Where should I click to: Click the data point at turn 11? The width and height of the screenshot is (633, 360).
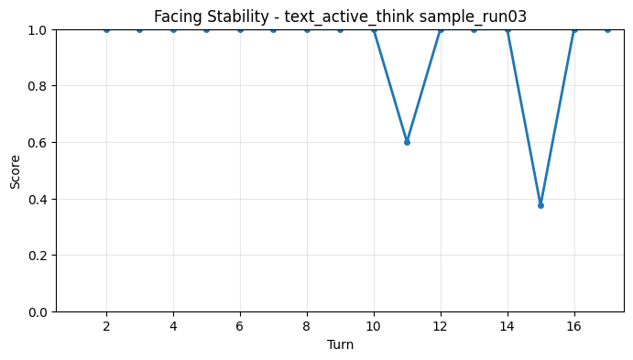(x=407, y=142)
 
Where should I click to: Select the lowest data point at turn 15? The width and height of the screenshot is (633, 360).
(x=540, y=205)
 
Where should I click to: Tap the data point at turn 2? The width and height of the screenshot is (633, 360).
(x=106, y=29)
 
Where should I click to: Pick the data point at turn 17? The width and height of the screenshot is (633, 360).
(x=607, y=29)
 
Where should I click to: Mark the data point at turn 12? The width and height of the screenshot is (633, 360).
(x=441, y=29)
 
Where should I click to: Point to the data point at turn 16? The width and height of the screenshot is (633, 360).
(x=574, y=29)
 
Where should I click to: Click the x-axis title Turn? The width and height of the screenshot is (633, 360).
(x=340, y=344)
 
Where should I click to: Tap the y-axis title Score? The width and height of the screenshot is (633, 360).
(x=15, y=170)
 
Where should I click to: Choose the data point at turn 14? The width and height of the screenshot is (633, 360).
(x=507, y=29)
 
